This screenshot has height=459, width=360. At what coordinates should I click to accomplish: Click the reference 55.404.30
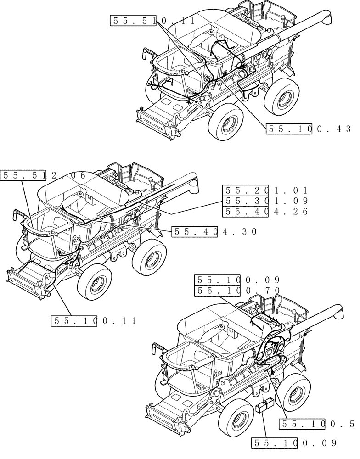coord(214,232)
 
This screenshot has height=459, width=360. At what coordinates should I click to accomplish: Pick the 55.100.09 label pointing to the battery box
coord(294,443)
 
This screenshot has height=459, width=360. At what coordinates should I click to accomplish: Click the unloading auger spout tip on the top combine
coord(328,19)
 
